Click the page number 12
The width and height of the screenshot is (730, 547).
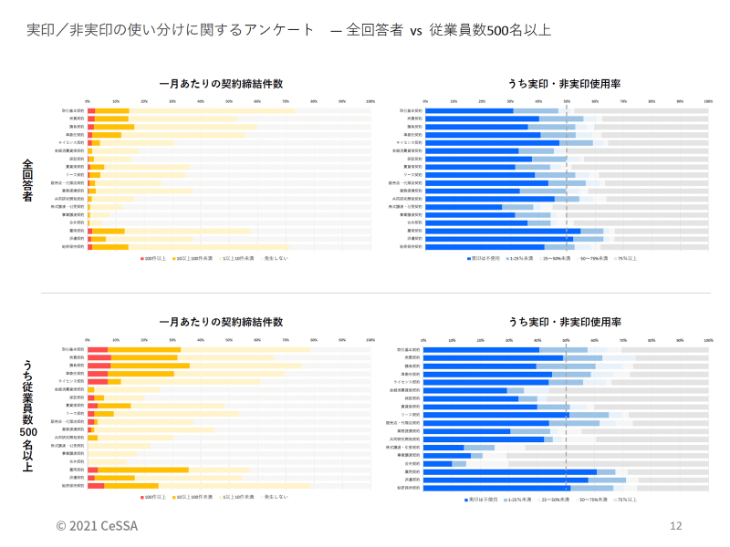click(676, 526)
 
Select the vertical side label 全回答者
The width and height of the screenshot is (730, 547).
click(27, 179)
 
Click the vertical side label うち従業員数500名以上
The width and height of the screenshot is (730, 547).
click(27, 416)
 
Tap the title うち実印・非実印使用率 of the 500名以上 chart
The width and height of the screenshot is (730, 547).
click(565, 322)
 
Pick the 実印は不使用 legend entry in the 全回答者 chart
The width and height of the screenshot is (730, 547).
click(480, 259)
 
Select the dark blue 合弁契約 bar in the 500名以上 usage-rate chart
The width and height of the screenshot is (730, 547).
click(438, 463)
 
